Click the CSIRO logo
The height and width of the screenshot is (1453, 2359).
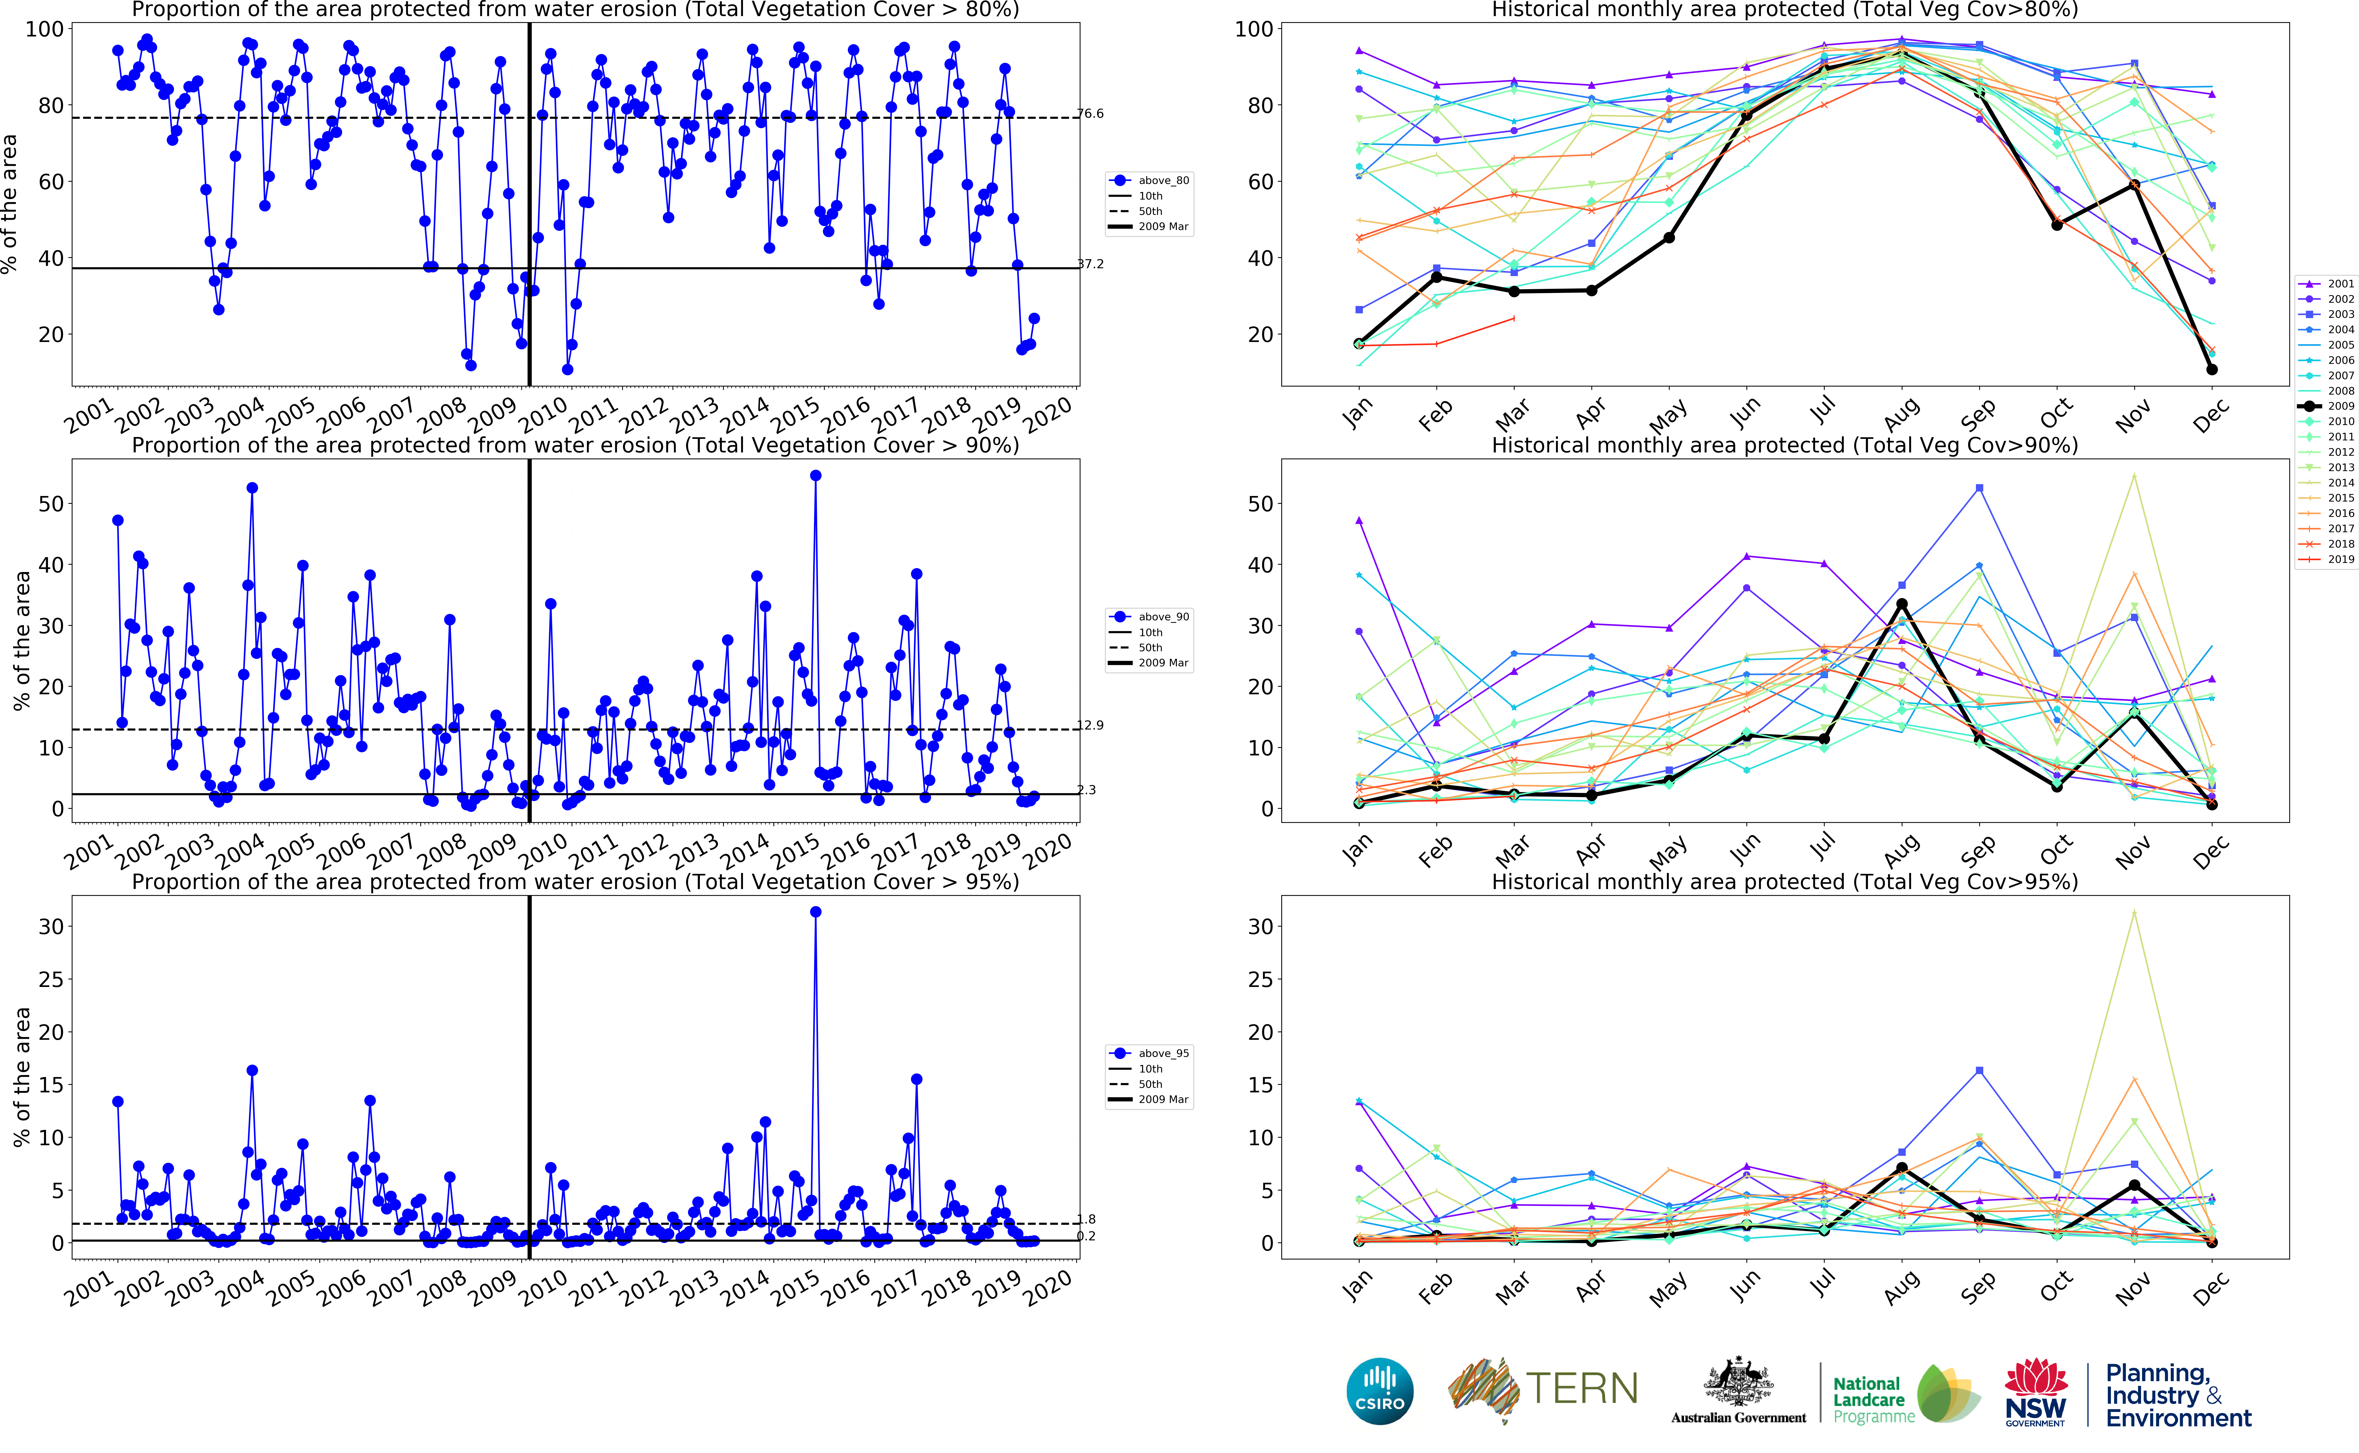tap(1380, 1391)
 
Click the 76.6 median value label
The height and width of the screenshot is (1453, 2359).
tap(1091, 113)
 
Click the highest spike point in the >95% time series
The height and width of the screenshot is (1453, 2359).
tap(816, 912)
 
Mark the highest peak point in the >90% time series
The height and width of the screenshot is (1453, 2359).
tap(816, 476)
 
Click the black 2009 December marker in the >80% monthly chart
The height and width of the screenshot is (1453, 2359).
tap(2212, 369)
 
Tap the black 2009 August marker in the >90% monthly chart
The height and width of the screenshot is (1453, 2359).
tap(1902, 604)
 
